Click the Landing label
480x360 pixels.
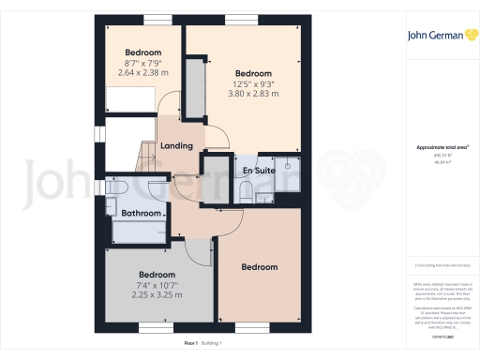(176, 146)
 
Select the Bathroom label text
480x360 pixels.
(142, 213)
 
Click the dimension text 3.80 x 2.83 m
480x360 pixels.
(253, 94)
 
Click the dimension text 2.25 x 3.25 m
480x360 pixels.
(157, 295)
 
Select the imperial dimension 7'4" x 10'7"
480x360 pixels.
(157, 284)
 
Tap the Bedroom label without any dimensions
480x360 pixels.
(259, 268)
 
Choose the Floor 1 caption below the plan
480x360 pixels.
(191, 344)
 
